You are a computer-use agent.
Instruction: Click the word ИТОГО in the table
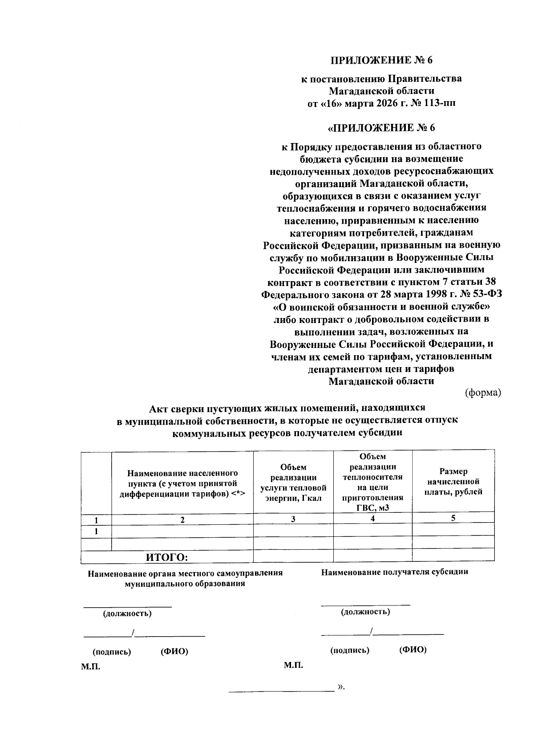pos(167,557)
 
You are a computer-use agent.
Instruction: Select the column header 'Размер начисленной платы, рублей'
pos(453,482)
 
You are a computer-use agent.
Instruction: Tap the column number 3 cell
pos(293,519)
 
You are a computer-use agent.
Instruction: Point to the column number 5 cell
pos(453,518)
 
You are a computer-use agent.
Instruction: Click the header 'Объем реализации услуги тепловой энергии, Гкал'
pos(293,482)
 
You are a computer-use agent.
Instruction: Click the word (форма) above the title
pos(483,392)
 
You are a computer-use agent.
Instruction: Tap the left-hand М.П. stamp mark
pos(90,667)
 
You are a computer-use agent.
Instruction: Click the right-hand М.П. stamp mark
pos(293,665)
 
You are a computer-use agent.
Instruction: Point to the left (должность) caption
pos(127,613)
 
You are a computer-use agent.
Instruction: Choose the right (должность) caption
pos(365,612)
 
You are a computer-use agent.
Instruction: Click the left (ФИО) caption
pos(174,651)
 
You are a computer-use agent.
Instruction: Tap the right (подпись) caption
pos(350,650)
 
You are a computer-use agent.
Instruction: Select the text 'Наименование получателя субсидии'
pos(394,572)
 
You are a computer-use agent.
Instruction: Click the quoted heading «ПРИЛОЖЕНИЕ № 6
pos(381,128)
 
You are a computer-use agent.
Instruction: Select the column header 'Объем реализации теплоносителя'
pos(373,482)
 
